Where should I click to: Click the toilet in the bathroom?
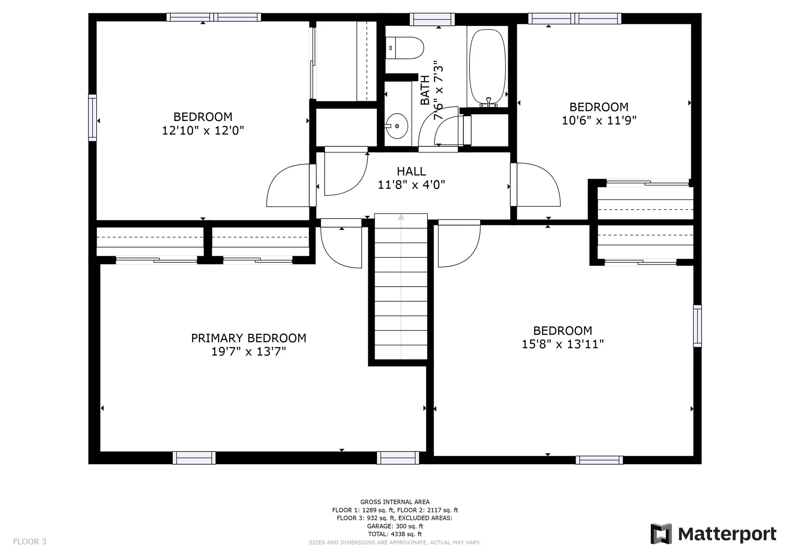405,48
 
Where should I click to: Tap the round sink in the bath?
397,126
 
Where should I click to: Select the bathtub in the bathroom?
488,67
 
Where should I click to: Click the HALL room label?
411,171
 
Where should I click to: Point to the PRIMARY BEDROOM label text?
249,338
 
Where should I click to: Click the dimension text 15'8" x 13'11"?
562,344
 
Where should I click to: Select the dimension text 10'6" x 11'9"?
599,120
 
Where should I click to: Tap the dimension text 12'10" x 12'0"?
203,131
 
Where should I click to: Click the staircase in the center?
401,287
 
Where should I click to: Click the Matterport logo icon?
661,534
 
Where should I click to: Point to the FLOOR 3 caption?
30,542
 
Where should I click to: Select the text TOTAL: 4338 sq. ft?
395,534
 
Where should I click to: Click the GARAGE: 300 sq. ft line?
395,526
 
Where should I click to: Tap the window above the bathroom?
432,19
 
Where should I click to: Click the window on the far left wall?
93,118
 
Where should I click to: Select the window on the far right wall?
697,326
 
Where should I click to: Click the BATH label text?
425,90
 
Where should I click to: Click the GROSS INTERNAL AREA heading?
395,502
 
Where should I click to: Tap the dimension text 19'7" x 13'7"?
249,352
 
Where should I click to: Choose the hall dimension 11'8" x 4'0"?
411,185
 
